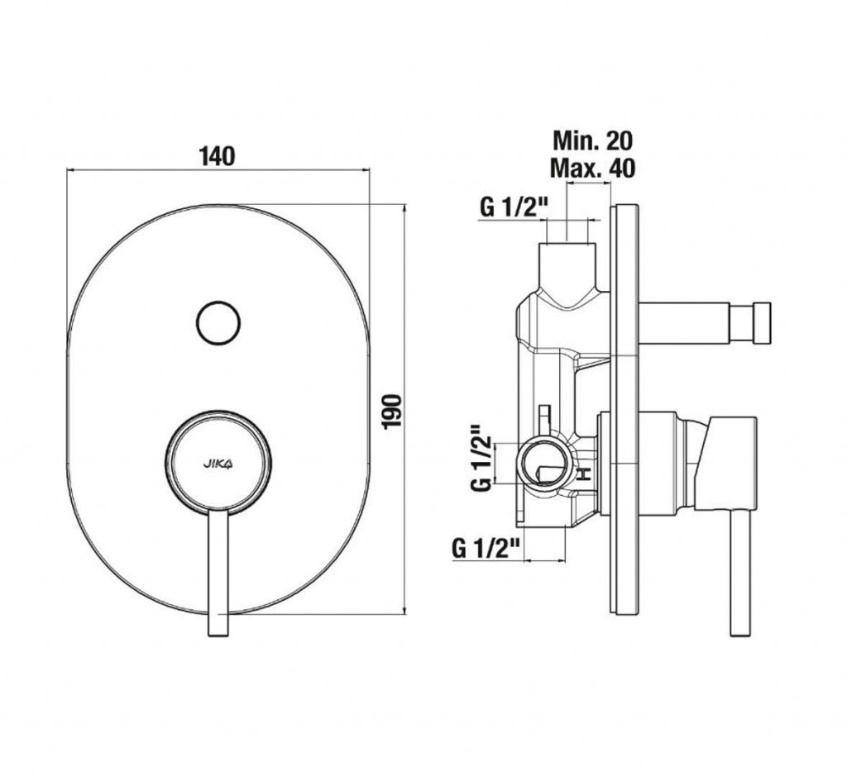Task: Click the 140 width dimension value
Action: [x=218, y=156]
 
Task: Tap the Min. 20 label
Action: [x=592, y=140]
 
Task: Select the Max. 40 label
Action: [x=592, y=168]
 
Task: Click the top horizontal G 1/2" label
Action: [x=514, y=207]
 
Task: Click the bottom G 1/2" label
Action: [x=486, y=549]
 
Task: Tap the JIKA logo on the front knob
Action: [x=218, y=463]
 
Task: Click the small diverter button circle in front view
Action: [x=218, y=323]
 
